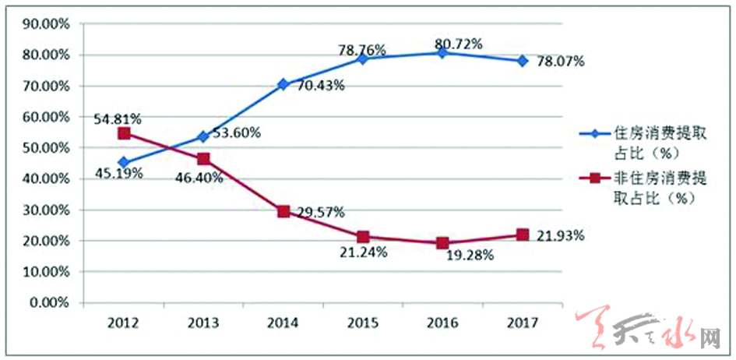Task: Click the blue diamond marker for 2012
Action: pos(123,162)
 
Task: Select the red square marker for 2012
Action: pos(123,133)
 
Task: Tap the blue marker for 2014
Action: pos(283,84)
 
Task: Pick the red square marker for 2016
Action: pos(442,242)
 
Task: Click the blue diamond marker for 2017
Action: pos(521,61)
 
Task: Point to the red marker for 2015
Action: pos(362,237)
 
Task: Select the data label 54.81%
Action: pos(118,119)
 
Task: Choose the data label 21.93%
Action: pos(559,235)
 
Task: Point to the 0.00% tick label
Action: pos(48,302)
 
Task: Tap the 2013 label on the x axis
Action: pos(202,321)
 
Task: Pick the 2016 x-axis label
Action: pos(442,321)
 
